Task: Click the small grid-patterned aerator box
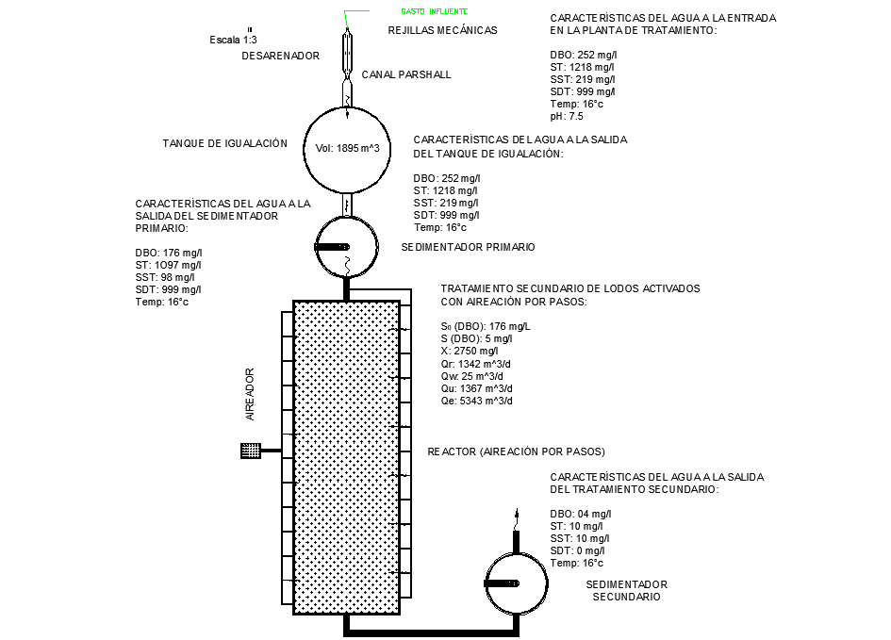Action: [x=251, y=451]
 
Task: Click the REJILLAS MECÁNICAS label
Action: [x=442, y=30]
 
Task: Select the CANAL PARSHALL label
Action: [x=406, y=74]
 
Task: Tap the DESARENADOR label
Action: [x=281, y=57]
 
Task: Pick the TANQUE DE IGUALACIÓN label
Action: [x=224, y=143]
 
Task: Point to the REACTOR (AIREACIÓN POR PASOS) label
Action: [x=516, y=451]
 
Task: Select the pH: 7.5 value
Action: [x=567, y=117]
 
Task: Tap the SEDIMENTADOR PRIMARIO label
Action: [x=468, y=247]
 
